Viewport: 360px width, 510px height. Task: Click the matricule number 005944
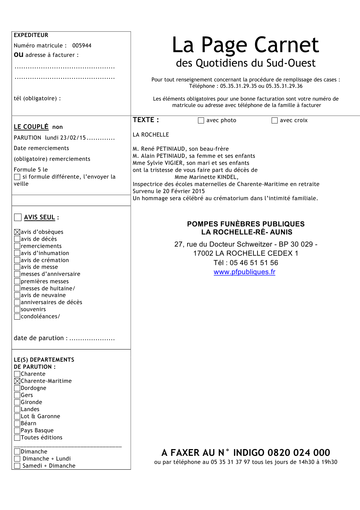click(x=82, y=45)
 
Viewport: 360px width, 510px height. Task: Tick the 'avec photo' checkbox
click(x=201, y=120)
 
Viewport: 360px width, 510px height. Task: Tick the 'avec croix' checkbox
click(x=275, y=120)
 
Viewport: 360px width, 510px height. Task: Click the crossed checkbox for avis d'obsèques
click(x=17, y=232)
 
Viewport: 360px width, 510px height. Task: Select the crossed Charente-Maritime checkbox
click(x=17, y=381)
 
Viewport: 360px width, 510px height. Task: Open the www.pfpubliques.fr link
click(x=244, y=272)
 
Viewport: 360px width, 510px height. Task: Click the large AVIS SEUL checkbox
click(x=18, y=217)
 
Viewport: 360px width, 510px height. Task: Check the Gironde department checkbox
click(x=17, y=402)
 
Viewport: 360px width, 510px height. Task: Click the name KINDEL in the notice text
click(x=227, y=177)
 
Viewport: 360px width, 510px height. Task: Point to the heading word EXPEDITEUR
click(x=31, y=35)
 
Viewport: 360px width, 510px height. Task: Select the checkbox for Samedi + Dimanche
click(x=17, y=466)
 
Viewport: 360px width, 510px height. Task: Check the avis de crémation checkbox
click(x=17, y=260)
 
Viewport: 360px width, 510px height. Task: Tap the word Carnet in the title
click(x=286, y=45)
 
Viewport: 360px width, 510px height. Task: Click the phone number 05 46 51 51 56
click(x=254, y=263)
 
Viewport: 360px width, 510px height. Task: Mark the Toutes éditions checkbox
click(x=17, y=437)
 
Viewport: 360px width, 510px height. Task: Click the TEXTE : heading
click(x=146, y=120)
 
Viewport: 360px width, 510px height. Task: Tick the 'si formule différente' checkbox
click(x=17, y=177)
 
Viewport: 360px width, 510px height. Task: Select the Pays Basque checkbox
click(x=17, y=430)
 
